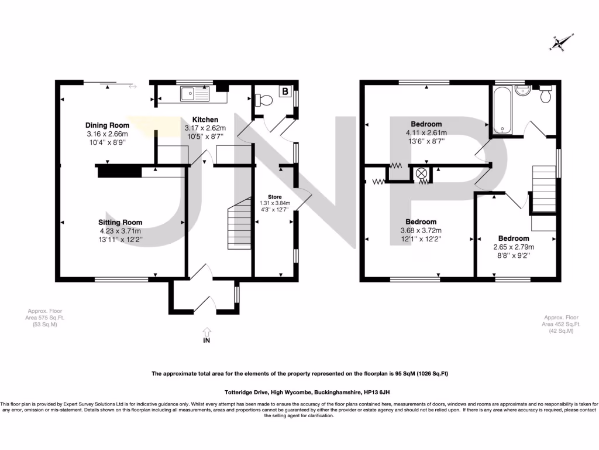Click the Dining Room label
107,125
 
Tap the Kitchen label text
201,120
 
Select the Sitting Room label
120,222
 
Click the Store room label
275,196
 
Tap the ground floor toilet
264,100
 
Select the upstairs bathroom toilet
546,94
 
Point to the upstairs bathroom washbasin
524,90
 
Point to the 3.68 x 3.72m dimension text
421,230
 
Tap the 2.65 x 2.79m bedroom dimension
514,247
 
